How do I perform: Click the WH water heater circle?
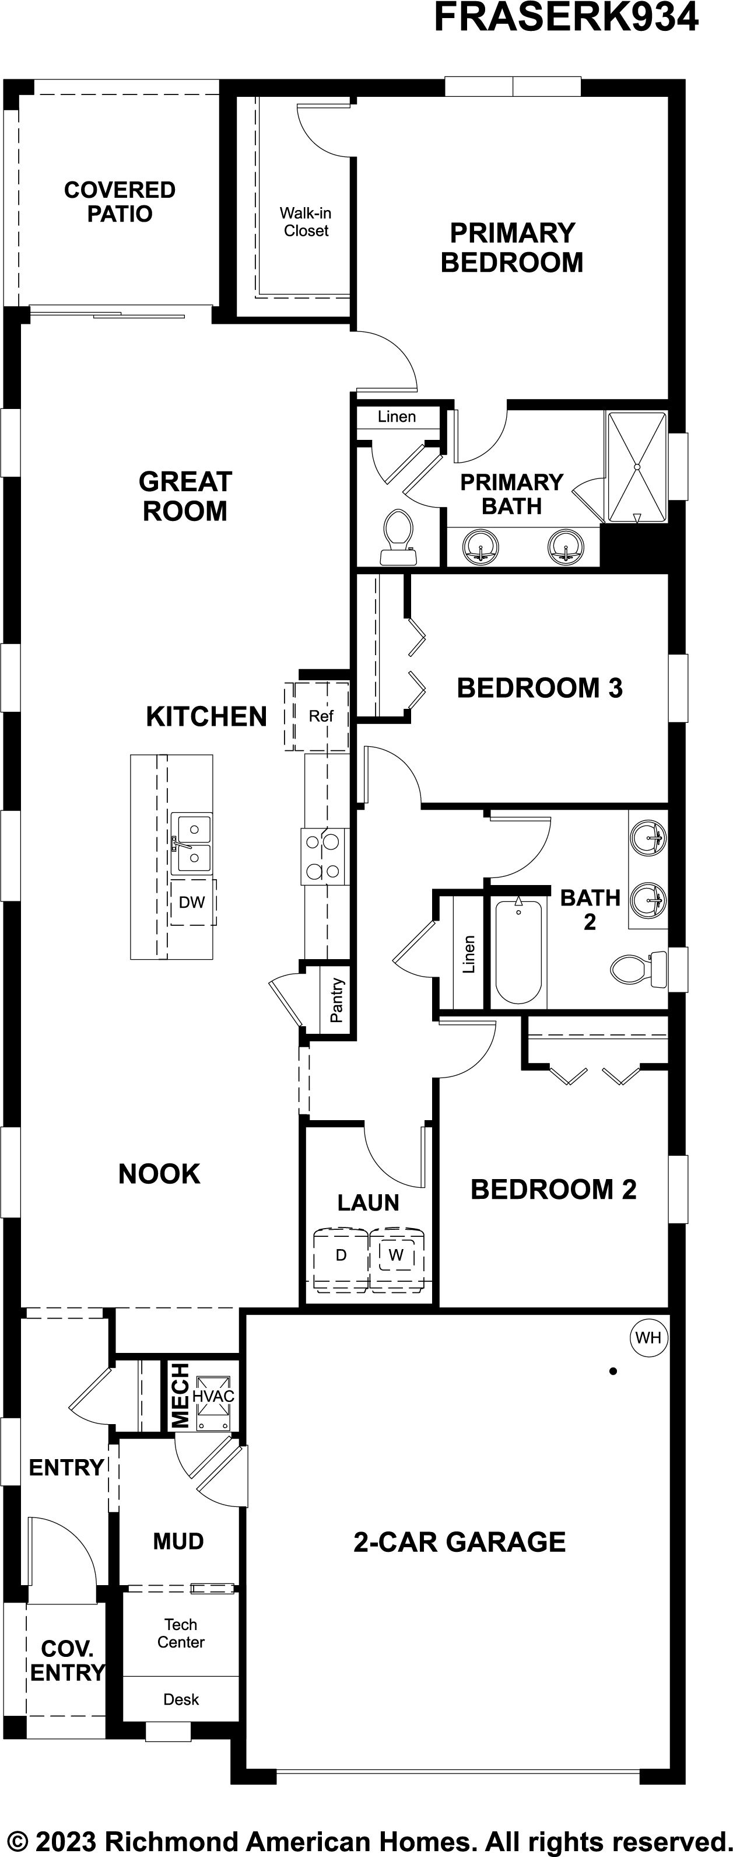tap(648, 1338)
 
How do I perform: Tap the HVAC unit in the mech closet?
tap(214, 1396)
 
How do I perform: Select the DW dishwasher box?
tap(192, 902)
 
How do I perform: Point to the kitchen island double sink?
tap(192, 844)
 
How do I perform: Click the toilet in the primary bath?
tap(398, 538)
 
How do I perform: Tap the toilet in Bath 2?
tap(639, 970)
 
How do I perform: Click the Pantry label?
tap(336, 1000)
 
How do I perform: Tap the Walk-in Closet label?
tap(306, 222)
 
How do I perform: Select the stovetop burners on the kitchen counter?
tap(324, 856)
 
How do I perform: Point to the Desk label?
tap(181, 1699)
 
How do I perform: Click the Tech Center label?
tap(181, 1633)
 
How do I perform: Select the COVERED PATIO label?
tap(120, 202)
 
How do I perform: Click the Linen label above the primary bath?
tap(397, 417)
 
